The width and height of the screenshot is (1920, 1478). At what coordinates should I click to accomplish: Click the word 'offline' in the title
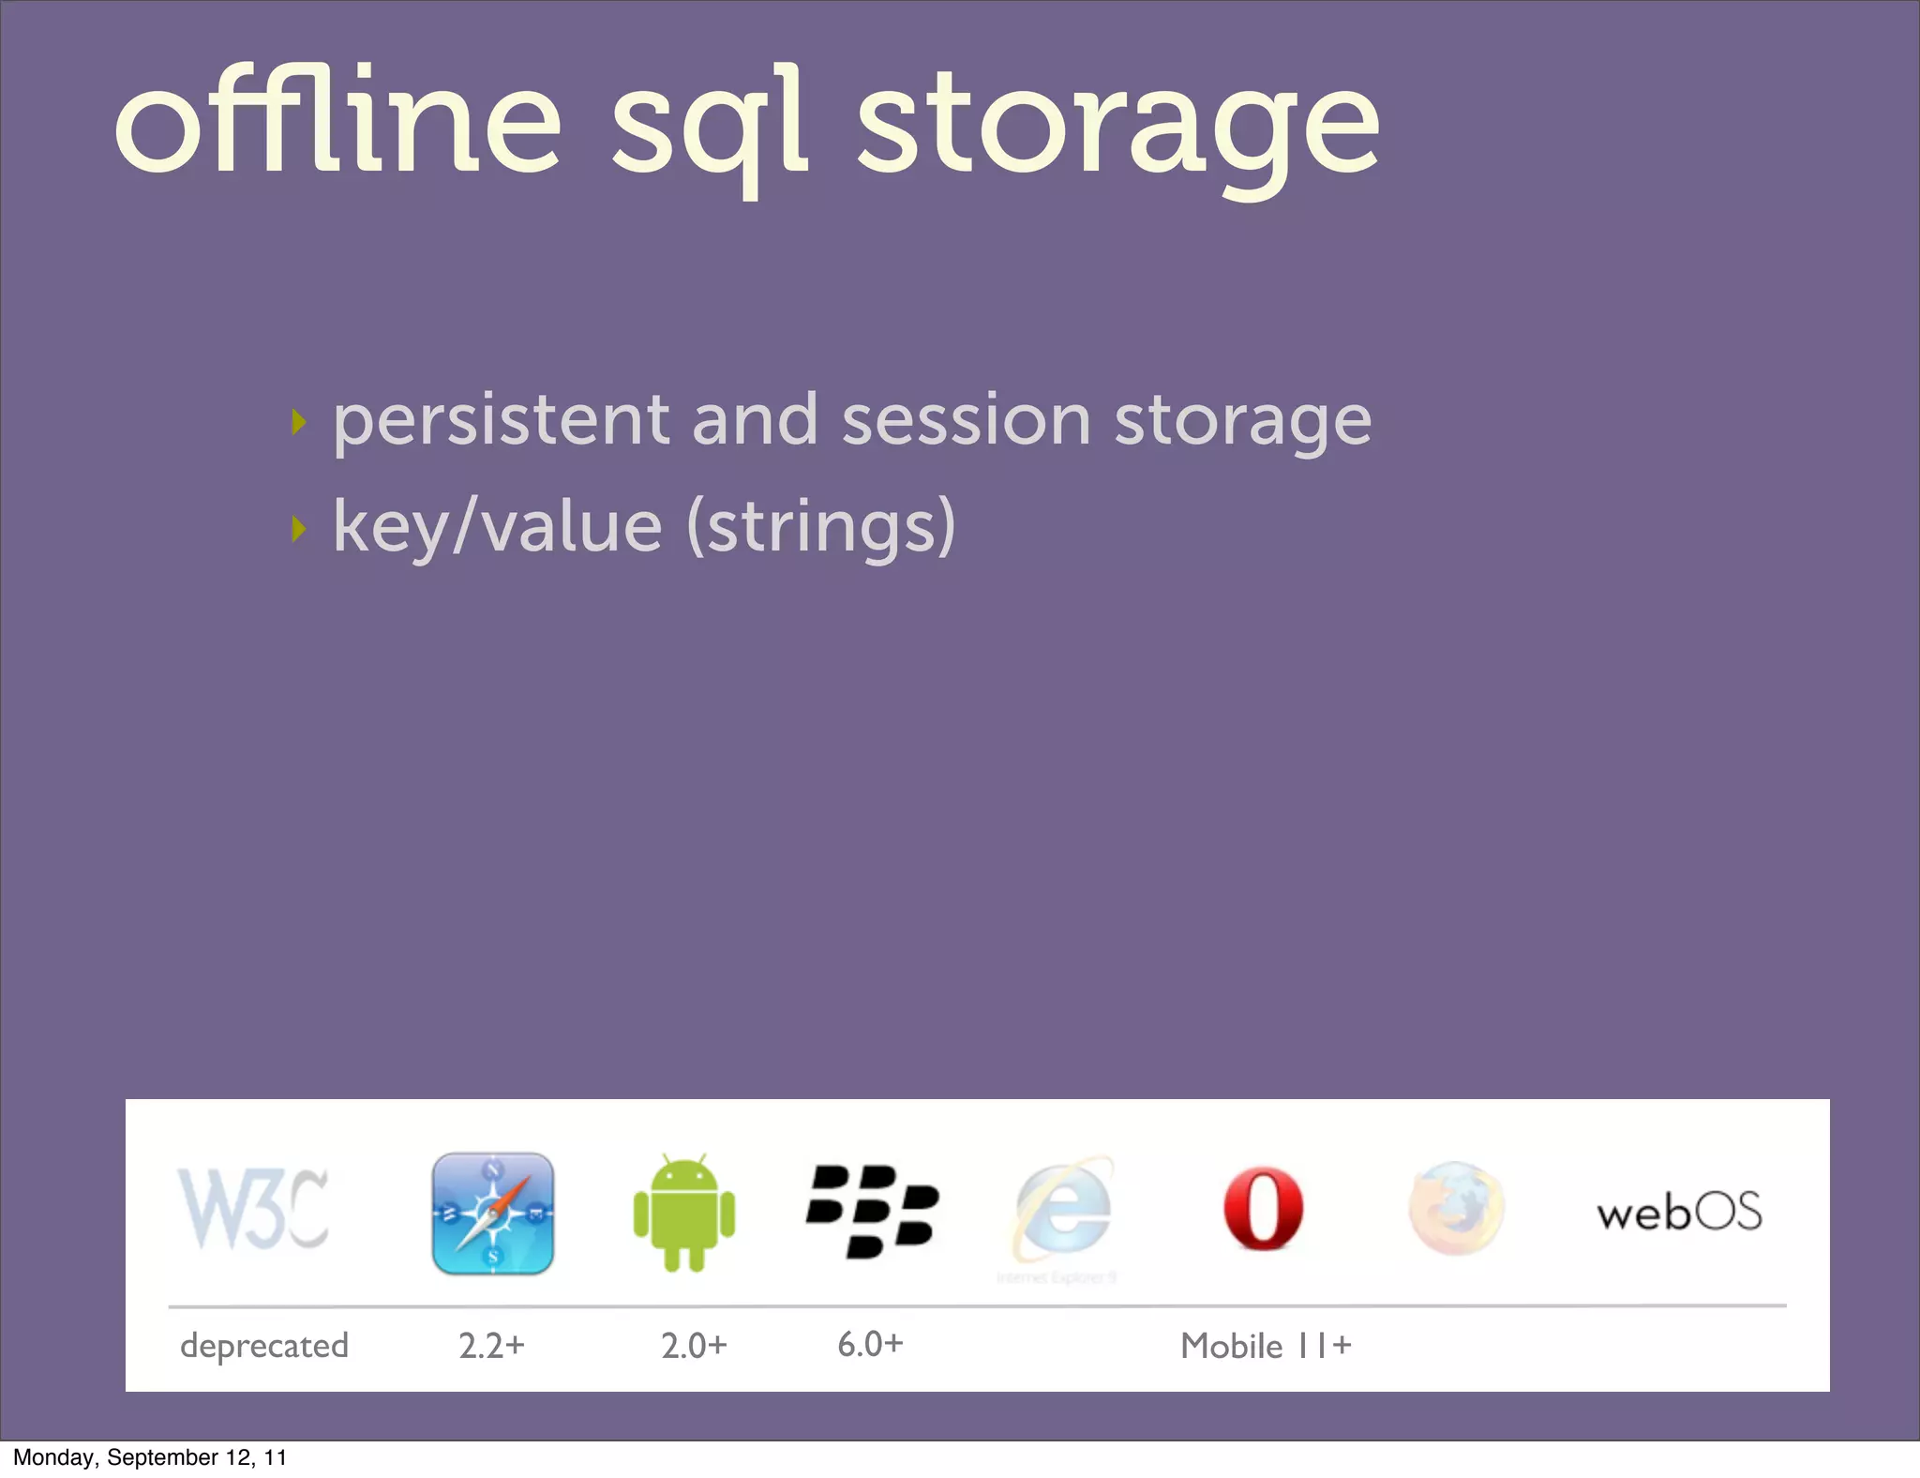[x=337, y=122]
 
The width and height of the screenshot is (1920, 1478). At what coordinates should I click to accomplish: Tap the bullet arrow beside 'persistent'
[x=298, y=422]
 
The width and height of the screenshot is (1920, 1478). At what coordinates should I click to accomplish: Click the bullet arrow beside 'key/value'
[x=298, y=529]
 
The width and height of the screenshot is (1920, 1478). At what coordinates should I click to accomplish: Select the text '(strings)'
[x=821, y=527]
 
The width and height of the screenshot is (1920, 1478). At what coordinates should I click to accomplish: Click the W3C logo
[x=253, y=1210]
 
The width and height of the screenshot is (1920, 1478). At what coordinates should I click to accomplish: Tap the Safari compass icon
[x=493, y=1214]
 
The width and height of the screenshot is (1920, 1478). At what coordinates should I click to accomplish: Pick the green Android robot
[x=684, y=1214]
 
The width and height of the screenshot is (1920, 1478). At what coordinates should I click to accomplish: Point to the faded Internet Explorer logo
[x=1063, y=1212]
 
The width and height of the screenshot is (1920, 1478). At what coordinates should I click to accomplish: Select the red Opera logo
[x=1263, y=1210]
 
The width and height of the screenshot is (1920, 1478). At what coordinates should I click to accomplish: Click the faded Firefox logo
[x=1456, y=1210]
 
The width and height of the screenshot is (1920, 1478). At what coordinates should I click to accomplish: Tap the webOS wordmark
[x=1679, y=1213]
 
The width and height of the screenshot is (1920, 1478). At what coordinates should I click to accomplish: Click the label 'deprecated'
[x=264, y=1347]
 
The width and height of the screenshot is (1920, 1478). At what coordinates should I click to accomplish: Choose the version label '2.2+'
[x=491, y=1346]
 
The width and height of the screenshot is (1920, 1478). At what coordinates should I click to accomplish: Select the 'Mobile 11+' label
[x=1266, y=1346]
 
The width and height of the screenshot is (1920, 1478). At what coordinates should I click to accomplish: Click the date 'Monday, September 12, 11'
[x=150, y=1457]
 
